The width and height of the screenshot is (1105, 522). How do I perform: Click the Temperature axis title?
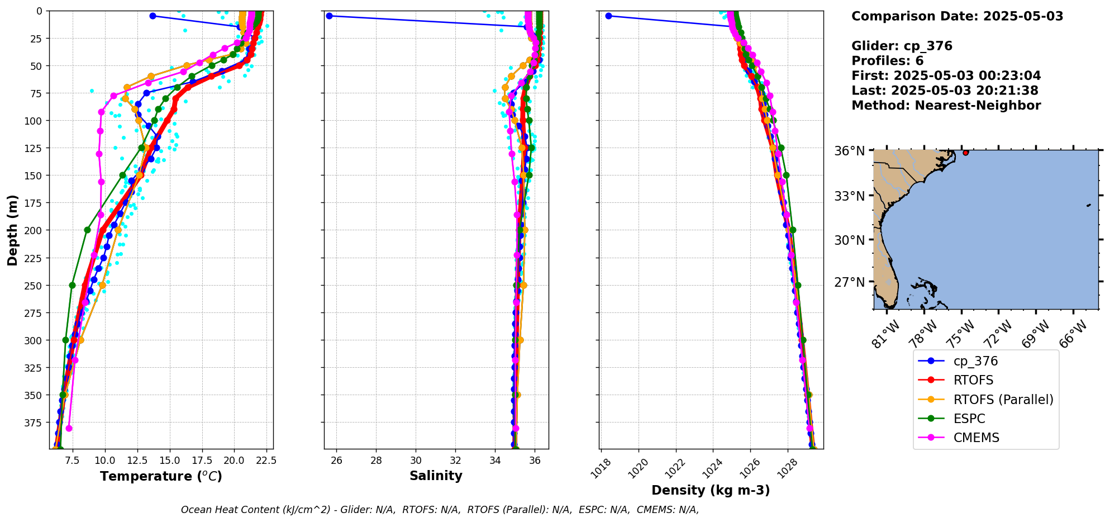[161, 476]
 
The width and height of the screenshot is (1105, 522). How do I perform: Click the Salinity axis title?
[436, 476]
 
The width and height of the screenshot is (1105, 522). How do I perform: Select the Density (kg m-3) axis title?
[711, 490]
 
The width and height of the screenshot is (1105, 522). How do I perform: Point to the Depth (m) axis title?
[12, 230]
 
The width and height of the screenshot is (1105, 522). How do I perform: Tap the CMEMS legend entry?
[976, 438]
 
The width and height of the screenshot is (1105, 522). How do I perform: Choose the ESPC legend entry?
[969, 419]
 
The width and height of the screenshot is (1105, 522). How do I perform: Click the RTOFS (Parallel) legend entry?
[1003, 400]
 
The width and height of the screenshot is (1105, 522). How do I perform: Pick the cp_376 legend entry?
[975, 361]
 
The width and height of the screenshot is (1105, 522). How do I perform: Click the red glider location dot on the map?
[966, 153]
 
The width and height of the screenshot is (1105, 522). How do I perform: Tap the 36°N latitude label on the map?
[849, 151]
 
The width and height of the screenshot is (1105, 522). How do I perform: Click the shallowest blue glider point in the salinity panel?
[329, 16]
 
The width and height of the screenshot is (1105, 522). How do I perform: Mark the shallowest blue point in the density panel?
[608, 16]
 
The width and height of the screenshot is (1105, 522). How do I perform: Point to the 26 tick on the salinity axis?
[336, 461]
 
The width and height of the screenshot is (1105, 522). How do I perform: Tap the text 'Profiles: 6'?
[887, 61]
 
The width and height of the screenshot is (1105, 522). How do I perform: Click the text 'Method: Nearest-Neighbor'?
[946, 106]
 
